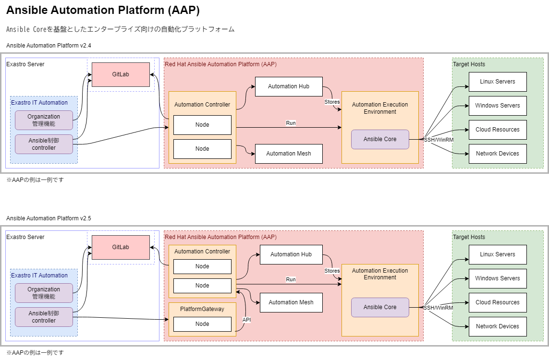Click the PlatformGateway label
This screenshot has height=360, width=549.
tap(202, 309)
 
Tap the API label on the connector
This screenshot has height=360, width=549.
tap(246, 320)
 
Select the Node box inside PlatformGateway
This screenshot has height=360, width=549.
tap(202, 324)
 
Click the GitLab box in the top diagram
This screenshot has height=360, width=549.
tap(121, 74)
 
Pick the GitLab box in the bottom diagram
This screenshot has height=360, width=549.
tap(121, 247)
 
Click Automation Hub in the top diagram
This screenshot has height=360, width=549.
tap(289, 86)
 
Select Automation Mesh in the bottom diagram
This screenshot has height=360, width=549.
tap(291, 302)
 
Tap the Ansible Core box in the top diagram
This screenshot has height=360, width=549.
tap(380, 139)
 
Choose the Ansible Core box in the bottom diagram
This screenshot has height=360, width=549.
tap(380, 307)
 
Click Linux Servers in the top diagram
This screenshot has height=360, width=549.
tap(498, 82)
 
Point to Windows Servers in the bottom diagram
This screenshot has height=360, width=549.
tap(498, 278)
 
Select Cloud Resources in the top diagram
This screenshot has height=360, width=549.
tap(498, 130)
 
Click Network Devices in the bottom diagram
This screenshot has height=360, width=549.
tap(498, 326)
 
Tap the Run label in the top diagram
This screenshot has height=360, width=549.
tap(291, 123)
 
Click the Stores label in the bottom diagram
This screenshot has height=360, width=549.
tap(332, 271)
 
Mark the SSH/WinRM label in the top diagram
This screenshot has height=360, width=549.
tap(439, 140)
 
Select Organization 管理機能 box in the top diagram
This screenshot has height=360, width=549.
tap(44, 120)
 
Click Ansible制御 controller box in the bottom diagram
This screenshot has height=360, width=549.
tap(44, 317)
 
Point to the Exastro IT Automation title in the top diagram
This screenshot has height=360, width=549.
tap(39, 103)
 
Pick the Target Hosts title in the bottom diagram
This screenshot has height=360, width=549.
tap(469, 237)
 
